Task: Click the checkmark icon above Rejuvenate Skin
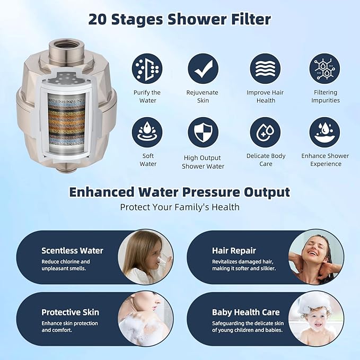[x=203, y=68]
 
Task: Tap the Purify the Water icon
[x=147, y=68]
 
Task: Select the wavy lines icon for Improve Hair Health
[x=266, y=68]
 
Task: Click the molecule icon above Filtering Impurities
[x=325, y=68]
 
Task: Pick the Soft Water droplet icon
[x=147, y=132]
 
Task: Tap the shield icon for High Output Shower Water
[x=203, y=132]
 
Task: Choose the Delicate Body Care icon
[x=266, y=132]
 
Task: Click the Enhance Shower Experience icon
[x=325, y=132]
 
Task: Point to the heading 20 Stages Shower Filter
[x=180, y=20]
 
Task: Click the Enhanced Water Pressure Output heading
[x=180, y=191]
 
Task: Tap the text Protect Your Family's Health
[x=180, y=207]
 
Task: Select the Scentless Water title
[x=72, y=251]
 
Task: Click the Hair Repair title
[x=234, y=251]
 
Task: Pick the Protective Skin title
[x=70, y=312]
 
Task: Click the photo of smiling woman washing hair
[x=315, y=257]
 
